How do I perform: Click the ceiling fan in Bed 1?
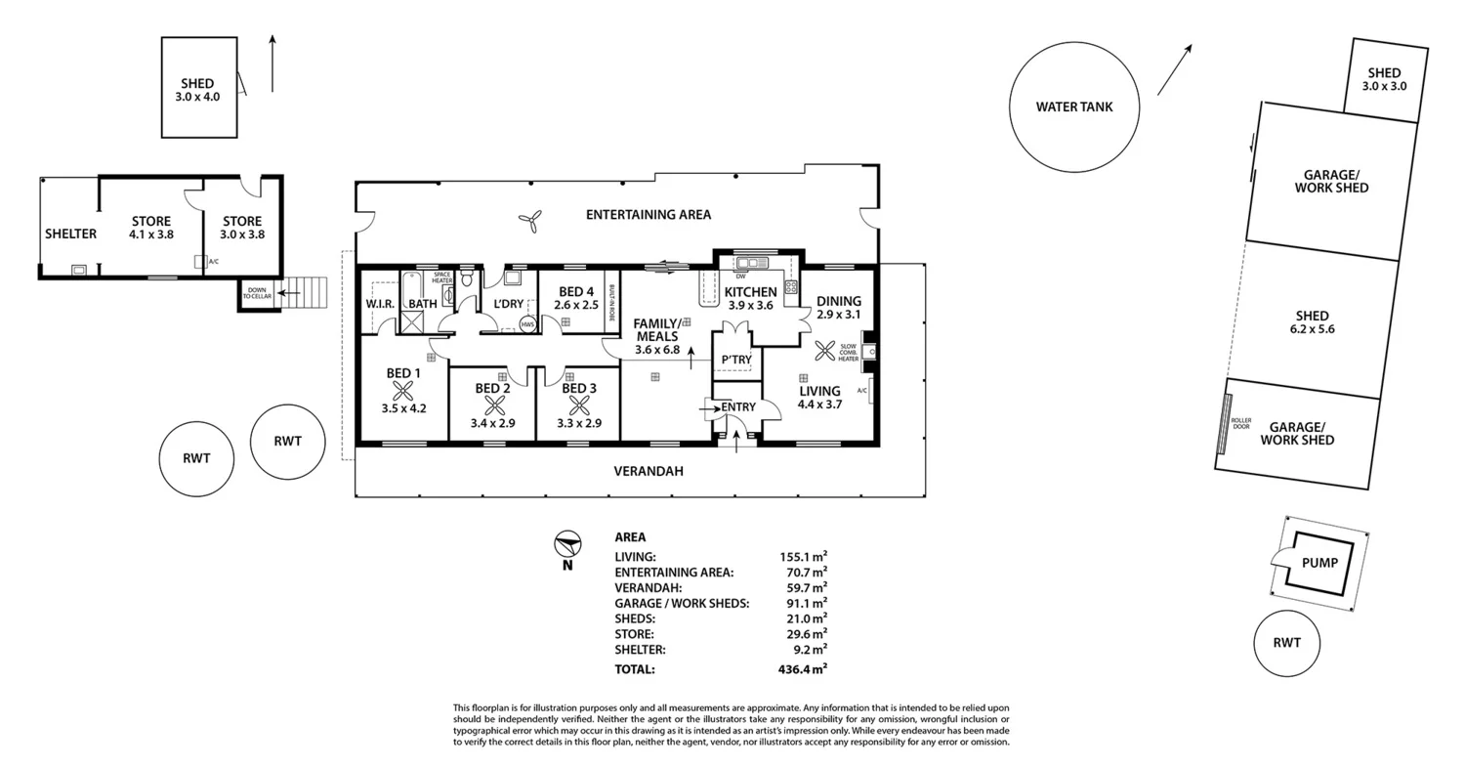click(x=404, y=391)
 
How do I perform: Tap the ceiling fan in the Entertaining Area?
click(x=530, y=223)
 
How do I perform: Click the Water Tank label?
click(x=1074, y=107)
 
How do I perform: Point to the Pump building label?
click(x=1319, y=563)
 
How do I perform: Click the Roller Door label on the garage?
click(x=1241, y=424)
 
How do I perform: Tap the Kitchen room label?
click(x=750, y=292)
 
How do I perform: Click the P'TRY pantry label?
click(x=736, y=360)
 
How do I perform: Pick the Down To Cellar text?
click(x=257, y=293)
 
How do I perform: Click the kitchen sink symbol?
click(x=752, y=263)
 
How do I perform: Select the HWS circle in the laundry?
click(x=527, y=324)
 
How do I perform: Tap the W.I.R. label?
click(x=380, y=305)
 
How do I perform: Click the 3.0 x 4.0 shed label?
click(x=199, y=90)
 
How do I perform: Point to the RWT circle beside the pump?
click(x=1286, y=643)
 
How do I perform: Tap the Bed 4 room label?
click(x=576, y=291)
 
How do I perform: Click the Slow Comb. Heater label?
click(x=848, y=353)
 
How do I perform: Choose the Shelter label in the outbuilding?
click(x=70, y=234)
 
